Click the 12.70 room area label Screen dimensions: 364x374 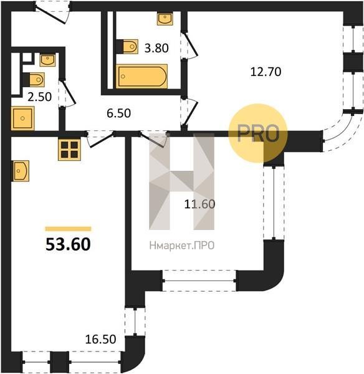(266, 72)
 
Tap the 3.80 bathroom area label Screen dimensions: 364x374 (156, 48)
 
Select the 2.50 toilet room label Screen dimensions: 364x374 (40, 97)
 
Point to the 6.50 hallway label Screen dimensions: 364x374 (118, 113)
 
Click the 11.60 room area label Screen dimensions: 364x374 (199, 204)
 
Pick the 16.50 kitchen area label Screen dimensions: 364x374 (100, 339)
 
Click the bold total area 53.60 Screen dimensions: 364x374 (68, 245)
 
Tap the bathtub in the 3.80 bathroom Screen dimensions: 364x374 (141, 76)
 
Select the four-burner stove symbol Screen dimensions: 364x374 (69, 150)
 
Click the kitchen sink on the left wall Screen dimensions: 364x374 (21, 171)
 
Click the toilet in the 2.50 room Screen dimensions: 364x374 (34, 80)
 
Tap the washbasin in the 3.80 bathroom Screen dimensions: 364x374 (165, 19)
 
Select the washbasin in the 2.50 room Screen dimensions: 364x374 (48, 60)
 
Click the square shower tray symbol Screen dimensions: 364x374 (22, 118)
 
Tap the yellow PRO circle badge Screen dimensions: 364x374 (258, 133)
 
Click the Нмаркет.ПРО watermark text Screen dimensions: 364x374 (182, 246)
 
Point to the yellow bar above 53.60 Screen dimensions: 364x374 (68, 229)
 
